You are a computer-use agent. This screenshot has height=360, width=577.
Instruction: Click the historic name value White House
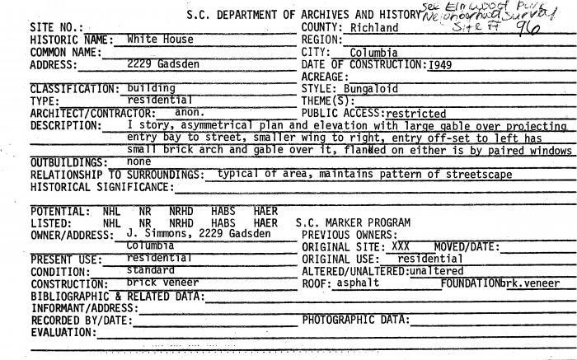coord(161,39)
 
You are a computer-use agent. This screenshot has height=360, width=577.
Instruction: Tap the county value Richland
coord(374,28)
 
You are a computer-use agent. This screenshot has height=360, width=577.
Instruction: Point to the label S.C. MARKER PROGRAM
coord(353,222)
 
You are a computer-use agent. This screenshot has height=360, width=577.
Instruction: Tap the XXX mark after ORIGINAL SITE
coord(401,246)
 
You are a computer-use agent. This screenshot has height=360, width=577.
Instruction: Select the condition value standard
coord(151,269)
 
